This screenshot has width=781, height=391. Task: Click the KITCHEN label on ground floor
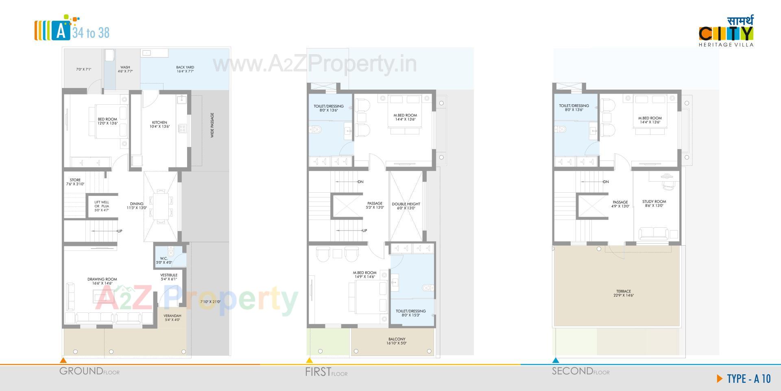click(x=159, y=124)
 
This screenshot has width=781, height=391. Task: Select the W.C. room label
click(x=164, y=260)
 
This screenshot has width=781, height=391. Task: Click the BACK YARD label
click(x=185, y=69)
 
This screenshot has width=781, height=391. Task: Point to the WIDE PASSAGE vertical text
click(x=212, y=125)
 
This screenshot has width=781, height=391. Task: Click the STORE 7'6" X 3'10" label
click(x=75, y=182)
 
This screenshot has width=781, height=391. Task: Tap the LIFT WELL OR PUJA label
click(x=102, y=206)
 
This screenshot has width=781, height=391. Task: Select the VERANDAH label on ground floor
click(x=172, y=317)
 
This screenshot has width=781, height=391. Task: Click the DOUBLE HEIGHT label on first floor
click(x=406, y=206)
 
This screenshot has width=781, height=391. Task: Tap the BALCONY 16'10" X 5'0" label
click(x=396, y=341)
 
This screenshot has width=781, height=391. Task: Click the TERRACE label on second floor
click(x=623, y=293)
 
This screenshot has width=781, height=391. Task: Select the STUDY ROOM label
click(x=654, y=203)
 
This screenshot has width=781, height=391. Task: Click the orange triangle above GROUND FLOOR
click(x=63, y=360)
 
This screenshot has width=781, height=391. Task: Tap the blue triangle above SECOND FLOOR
click(x=556, y=360)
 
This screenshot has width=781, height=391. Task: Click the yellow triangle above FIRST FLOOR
click(x=309, y=360)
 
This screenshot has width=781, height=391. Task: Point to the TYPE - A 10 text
click(x=748, y=379)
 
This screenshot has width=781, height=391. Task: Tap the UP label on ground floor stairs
click(x=120, y=231)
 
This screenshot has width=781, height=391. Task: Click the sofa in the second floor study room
click(x=653, y=234)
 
